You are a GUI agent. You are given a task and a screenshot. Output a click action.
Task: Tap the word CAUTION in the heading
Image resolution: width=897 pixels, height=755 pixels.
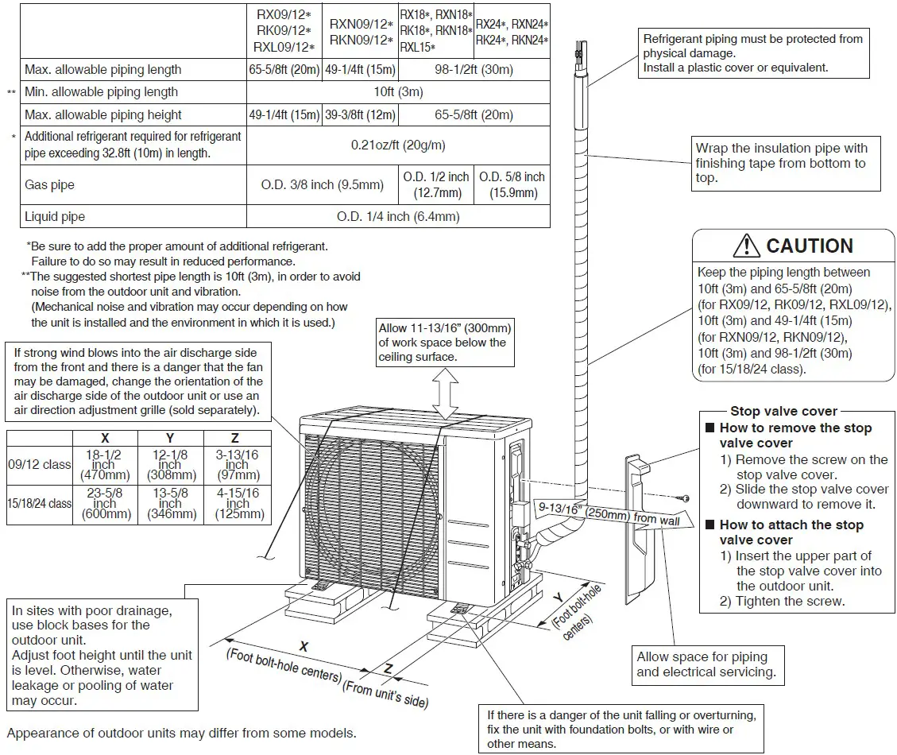pyautogui.click(x=810, y=246)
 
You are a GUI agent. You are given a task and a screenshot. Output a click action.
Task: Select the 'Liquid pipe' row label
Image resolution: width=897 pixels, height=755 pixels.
pyautogui.click(x=55, y=216)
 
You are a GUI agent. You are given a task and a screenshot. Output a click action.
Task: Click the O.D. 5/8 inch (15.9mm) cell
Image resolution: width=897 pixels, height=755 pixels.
pyautogui.click(x=512, y=184)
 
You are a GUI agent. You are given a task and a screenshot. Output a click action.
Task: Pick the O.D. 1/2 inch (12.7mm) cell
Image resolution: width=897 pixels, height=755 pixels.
pyautogui.click(x=437, y=184)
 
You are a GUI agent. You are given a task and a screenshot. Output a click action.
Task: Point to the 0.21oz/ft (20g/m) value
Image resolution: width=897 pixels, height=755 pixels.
pyautogui.click(x=398, y=145)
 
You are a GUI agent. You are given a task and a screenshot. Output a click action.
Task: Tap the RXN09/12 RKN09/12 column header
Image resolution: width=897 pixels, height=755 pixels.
pyautogui.click(x=361, y=33)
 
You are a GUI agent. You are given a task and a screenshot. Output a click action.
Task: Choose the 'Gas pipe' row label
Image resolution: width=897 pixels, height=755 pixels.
pyautogui.click(x=49, y=184)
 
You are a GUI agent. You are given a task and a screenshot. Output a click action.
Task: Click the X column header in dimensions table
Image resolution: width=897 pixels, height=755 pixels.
pyautogui.click(x=105, y=438)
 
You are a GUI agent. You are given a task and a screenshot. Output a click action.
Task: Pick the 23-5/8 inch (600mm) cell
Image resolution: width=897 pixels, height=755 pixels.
pyautogui.click(x=105, y=504)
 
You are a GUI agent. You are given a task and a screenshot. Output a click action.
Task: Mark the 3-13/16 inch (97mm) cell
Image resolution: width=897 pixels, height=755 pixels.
pyautogui.click(x=238, y=465)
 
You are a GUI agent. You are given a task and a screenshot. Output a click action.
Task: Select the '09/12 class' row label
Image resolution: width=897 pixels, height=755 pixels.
pyautogui.click(x=40, y=465)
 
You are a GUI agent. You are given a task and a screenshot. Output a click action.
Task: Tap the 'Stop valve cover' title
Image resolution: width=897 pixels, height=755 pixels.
pyautogui.click(x=783, y=411)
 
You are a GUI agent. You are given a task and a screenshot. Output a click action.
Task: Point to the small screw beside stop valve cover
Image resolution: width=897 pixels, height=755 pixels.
pyautogui.click(x=682, y=498)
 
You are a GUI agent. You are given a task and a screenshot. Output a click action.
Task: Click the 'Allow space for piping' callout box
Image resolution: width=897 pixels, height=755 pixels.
pyautogui.click(x=706, y=664)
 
